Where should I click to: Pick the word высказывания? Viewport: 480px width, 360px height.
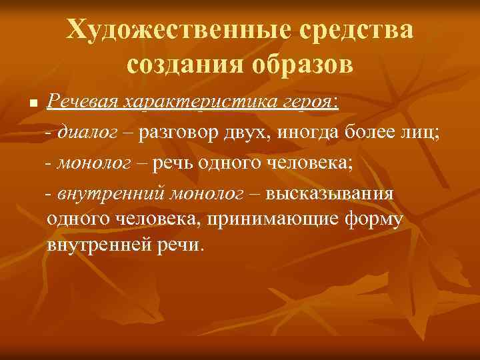coord(329,193)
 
